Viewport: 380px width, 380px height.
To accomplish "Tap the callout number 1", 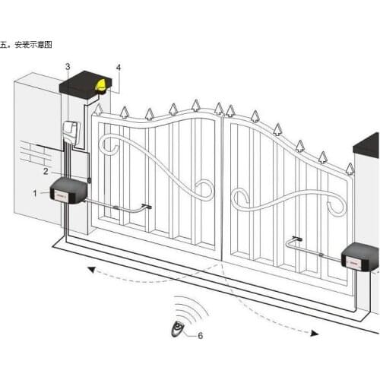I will point(34,193).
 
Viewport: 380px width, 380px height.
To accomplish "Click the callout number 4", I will point(118,67).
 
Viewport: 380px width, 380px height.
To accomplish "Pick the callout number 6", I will point(200,334).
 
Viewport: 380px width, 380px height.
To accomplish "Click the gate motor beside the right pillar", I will point(362,258).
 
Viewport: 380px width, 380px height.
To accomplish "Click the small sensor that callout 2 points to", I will point(89,180).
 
